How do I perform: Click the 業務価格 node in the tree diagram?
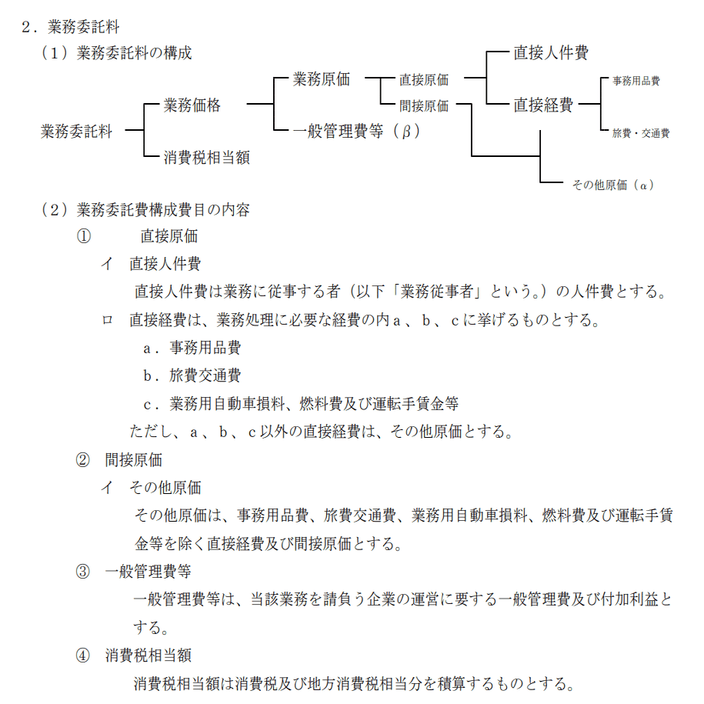pos(192,105)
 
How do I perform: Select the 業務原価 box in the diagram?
pos(322,78)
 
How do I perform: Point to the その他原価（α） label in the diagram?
pos(612,185)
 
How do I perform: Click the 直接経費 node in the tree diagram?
pos(543,105)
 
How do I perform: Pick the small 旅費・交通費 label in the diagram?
pos(640,133)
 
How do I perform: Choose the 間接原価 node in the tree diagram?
pos(424,106)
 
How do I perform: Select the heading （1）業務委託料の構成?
pos(116,53)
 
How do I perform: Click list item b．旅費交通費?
pos(192,375)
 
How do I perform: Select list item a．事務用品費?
pos(192,348)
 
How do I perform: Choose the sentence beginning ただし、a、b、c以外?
pos(321,431)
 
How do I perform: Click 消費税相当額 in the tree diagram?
pos(206,158)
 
